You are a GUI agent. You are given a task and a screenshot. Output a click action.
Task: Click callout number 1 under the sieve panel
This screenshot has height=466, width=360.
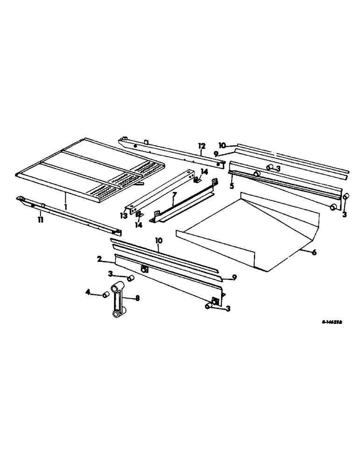[66, 206]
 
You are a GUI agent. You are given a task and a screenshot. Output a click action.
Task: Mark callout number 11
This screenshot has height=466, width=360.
[41, 219]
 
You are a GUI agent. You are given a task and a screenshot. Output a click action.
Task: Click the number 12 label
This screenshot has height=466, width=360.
[201, 146]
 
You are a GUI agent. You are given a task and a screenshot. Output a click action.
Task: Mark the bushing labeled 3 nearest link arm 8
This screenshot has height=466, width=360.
[131, 278]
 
